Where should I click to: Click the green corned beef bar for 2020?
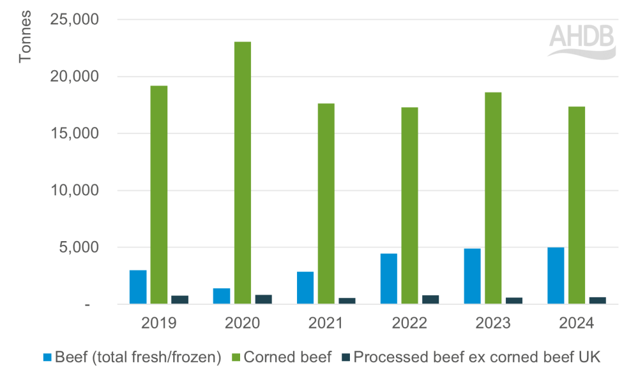[x=242, y=173]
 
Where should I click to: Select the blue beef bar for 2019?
[x=138, y=287]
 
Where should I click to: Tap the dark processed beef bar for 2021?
[x=347, y=300]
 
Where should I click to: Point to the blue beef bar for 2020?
[x=222, y=296]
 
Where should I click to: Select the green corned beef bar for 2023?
[x=493, y=198]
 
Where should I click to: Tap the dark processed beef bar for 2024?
[x=598, y=300]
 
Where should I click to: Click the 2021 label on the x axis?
[x=326, y=323]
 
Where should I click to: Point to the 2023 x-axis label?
[x=493, y=323]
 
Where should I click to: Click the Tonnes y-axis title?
[x=25, y=41]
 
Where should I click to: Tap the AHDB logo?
[x=582, y=41]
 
